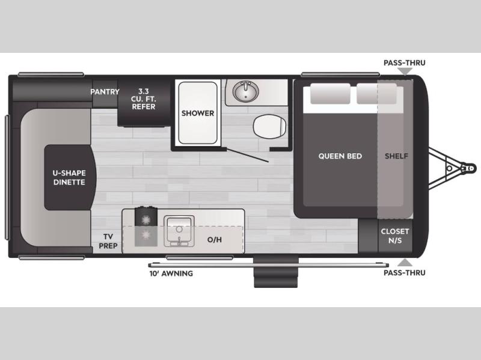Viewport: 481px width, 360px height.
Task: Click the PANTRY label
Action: click(x=105, y=92)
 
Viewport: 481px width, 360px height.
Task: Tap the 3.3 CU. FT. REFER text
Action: click(x=144, y=99)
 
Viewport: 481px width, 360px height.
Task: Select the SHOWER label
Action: click(x=198, y=113)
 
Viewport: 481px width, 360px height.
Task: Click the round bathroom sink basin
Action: click(x=245, y=91)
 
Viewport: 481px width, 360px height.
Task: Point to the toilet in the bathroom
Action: click(x=269, y=126)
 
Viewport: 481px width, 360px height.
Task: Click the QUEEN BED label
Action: click(x=340, y=156)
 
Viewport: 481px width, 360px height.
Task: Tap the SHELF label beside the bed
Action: click(x=396, y=156)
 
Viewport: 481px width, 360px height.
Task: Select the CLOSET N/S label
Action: click(x=395, y=236)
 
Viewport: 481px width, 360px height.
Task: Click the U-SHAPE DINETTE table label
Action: click(x=69, y=177)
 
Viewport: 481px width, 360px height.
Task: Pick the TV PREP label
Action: click(x=108, y=241)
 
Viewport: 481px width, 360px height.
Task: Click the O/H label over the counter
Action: click(x=215, y=239)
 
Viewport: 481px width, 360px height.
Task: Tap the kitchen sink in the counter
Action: click(x=179, y=231)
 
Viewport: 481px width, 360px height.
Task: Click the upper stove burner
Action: click(x=146, y=219)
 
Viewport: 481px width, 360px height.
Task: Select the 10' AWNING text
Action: click(x=171, y=273)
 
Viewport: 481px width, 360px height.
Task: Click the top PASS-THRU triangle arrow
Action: click(x=405, y=72)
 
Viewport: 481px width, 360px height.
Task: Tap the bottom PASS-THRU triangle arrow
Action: click(x=405, y=262)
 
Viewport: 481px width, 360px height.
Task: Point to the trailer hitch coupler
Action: click(x=468, y=168)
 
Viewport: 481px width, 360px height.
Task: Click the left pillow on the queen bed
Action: click(x=330, y=94)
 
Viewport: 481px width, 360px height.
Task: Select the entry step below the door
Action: click(x=276, y=273)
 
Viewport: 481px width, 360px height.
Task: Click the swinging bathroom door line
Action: click(x=248, y=156)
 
